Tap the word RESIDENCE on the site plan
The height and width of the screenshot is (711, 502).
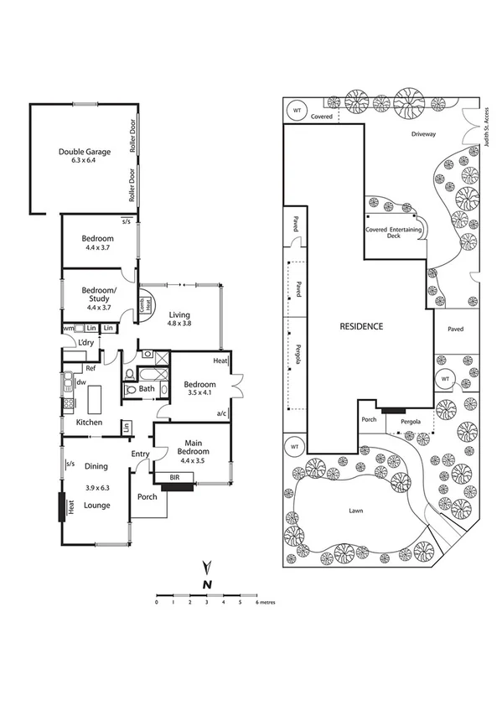tap(361, 326)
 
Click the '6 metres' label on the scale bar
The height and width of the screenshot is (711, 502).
tap(266, 602)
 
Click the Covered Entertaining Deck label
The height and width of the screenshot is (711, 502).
tap(389, 232)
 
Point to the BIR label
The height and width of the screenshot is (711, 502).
tap(174, 478)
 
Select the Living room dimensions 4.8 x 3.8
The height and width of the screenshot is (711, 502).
tap(179, 323)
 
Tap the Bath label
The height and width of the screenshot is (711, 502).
tap(147, 388)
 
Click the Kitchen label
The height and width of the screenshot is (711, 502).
tap(89, 423)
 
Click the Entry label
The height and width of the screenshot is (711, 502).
tap(140, 454)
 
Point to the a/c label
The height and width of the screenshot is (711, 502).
tap(222, 413)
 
